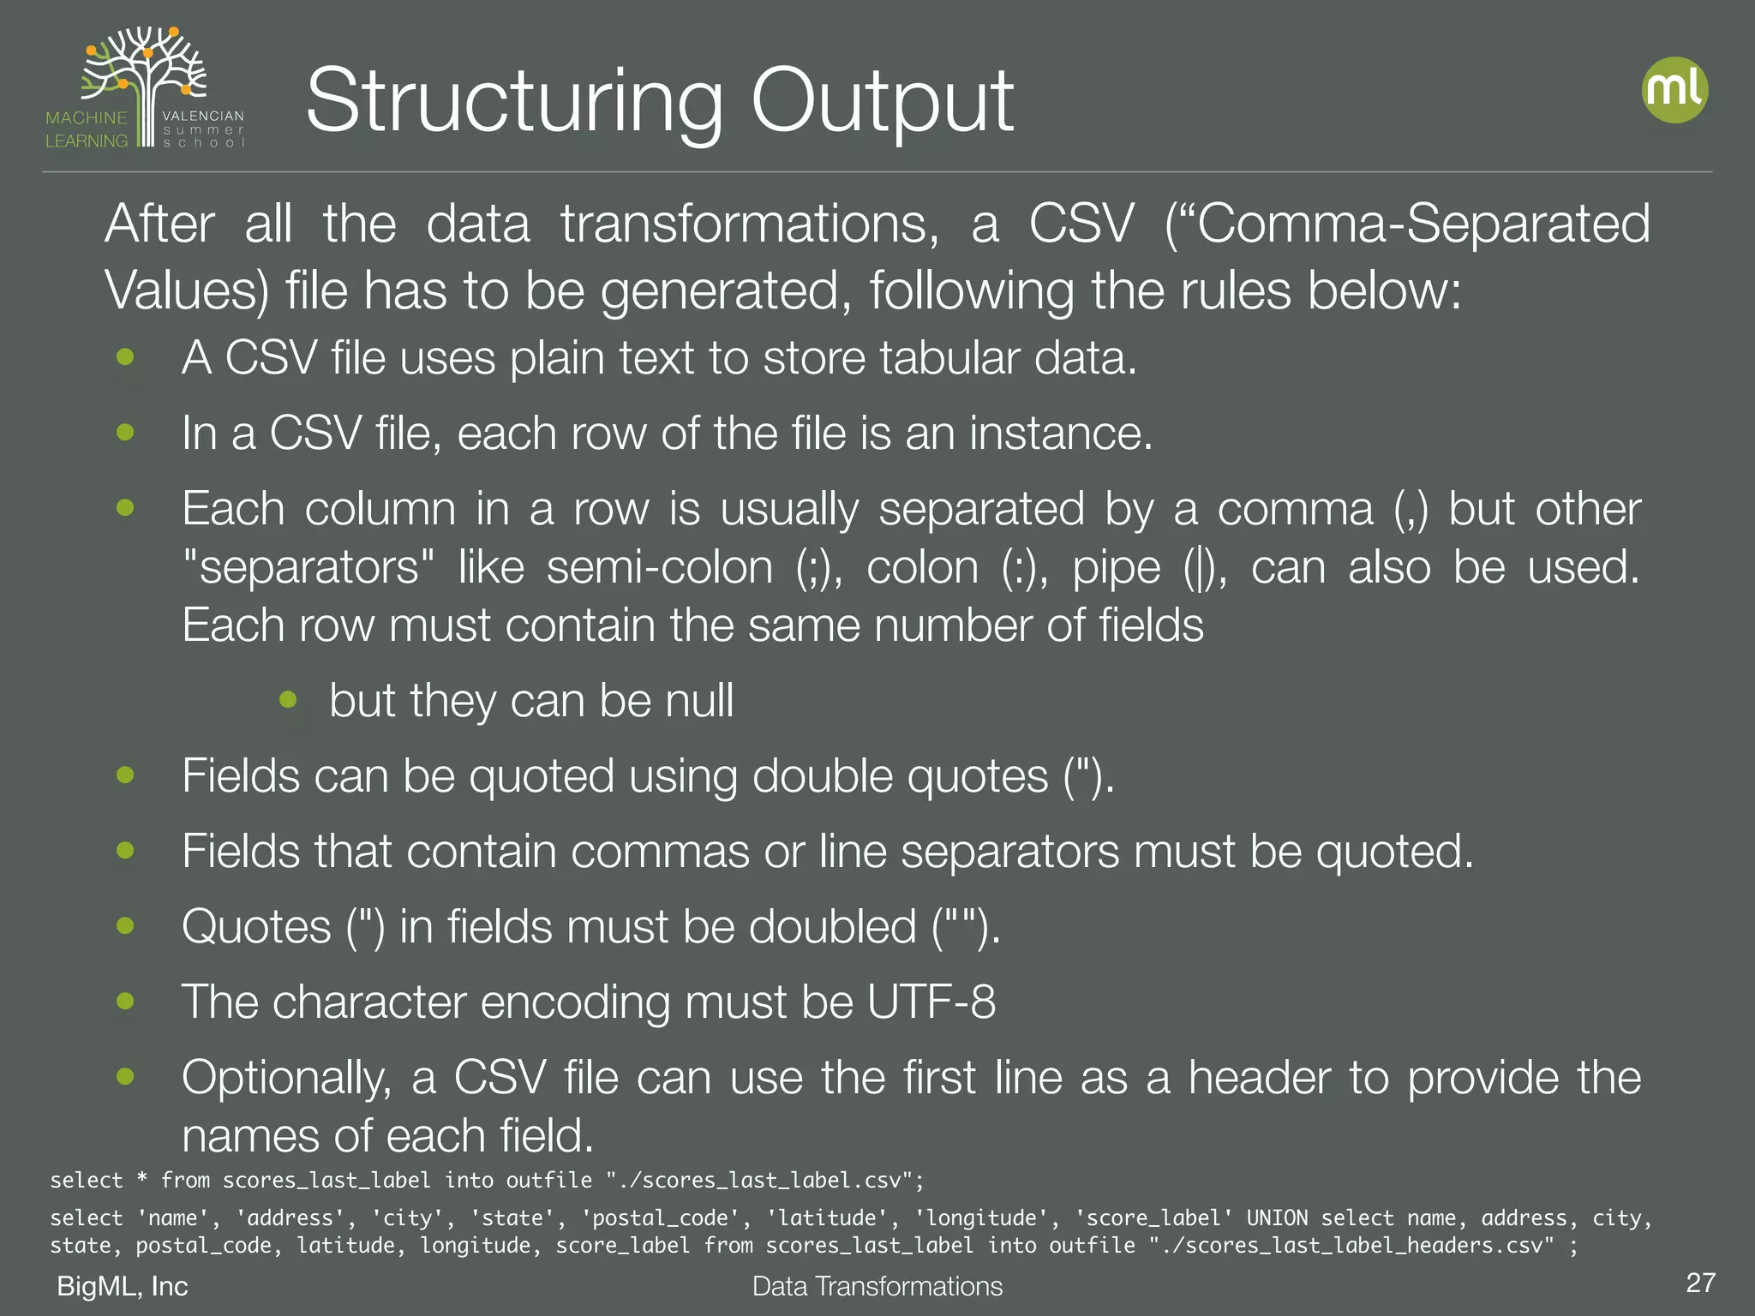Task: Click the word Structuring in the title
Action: point(514,103)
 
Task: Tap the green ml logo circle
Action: point(1674,90)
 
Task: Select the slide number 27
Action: point(1700,1283)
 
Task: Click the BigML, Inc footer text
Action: point(123,1286)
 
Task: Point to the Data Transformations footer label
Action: point(877,1286)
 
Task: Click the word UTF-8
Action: point(931,1002)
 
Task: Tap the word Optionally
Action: point(286,1079)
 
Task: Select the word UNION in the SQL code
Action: point(1277,1218)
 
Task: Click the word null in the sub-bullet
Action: point(699,701)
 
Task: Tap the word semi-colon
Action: point(660,567)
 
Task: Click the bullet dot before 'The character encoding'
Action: point(126,1001)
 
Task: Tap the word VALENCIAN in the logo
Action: point(203,116)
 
